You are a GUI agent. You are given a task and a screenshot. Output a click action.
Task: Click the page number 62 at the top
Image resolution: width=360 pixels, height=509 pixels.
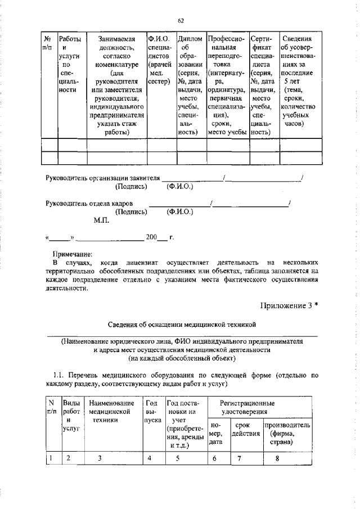click(181, 21)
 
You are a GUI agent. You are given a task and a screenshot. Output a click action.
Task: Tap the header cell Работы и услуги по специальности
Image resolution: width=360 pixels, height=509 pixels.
click(69, 65)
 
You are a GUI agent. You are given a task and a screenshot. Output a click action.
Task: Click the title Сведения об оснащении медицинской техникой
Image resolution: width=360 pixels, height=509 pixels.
click(181, 325)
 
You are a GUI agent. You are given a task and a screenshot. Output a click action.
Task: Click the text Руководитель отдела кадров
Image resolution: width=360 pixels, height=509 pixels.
click(89, 202)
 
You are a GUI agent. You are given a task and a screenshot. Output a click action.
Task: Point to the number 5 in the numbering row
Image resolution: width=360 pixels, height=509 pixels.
click(176, 458)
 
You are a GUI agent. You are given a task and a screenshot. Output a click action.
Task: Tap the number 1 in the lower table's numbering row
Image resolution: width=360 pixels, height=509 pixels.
click(51, 458)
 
